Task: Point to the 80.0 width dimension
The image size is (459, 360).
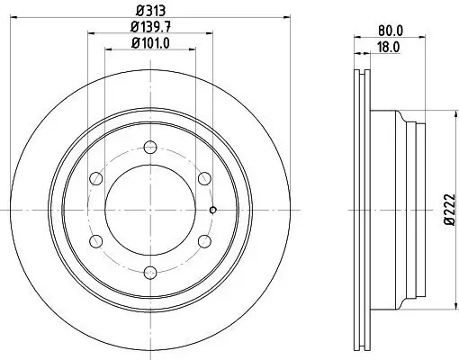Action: [390, 29]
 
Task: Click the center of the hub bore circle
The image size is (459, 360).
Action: [150, 207]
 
